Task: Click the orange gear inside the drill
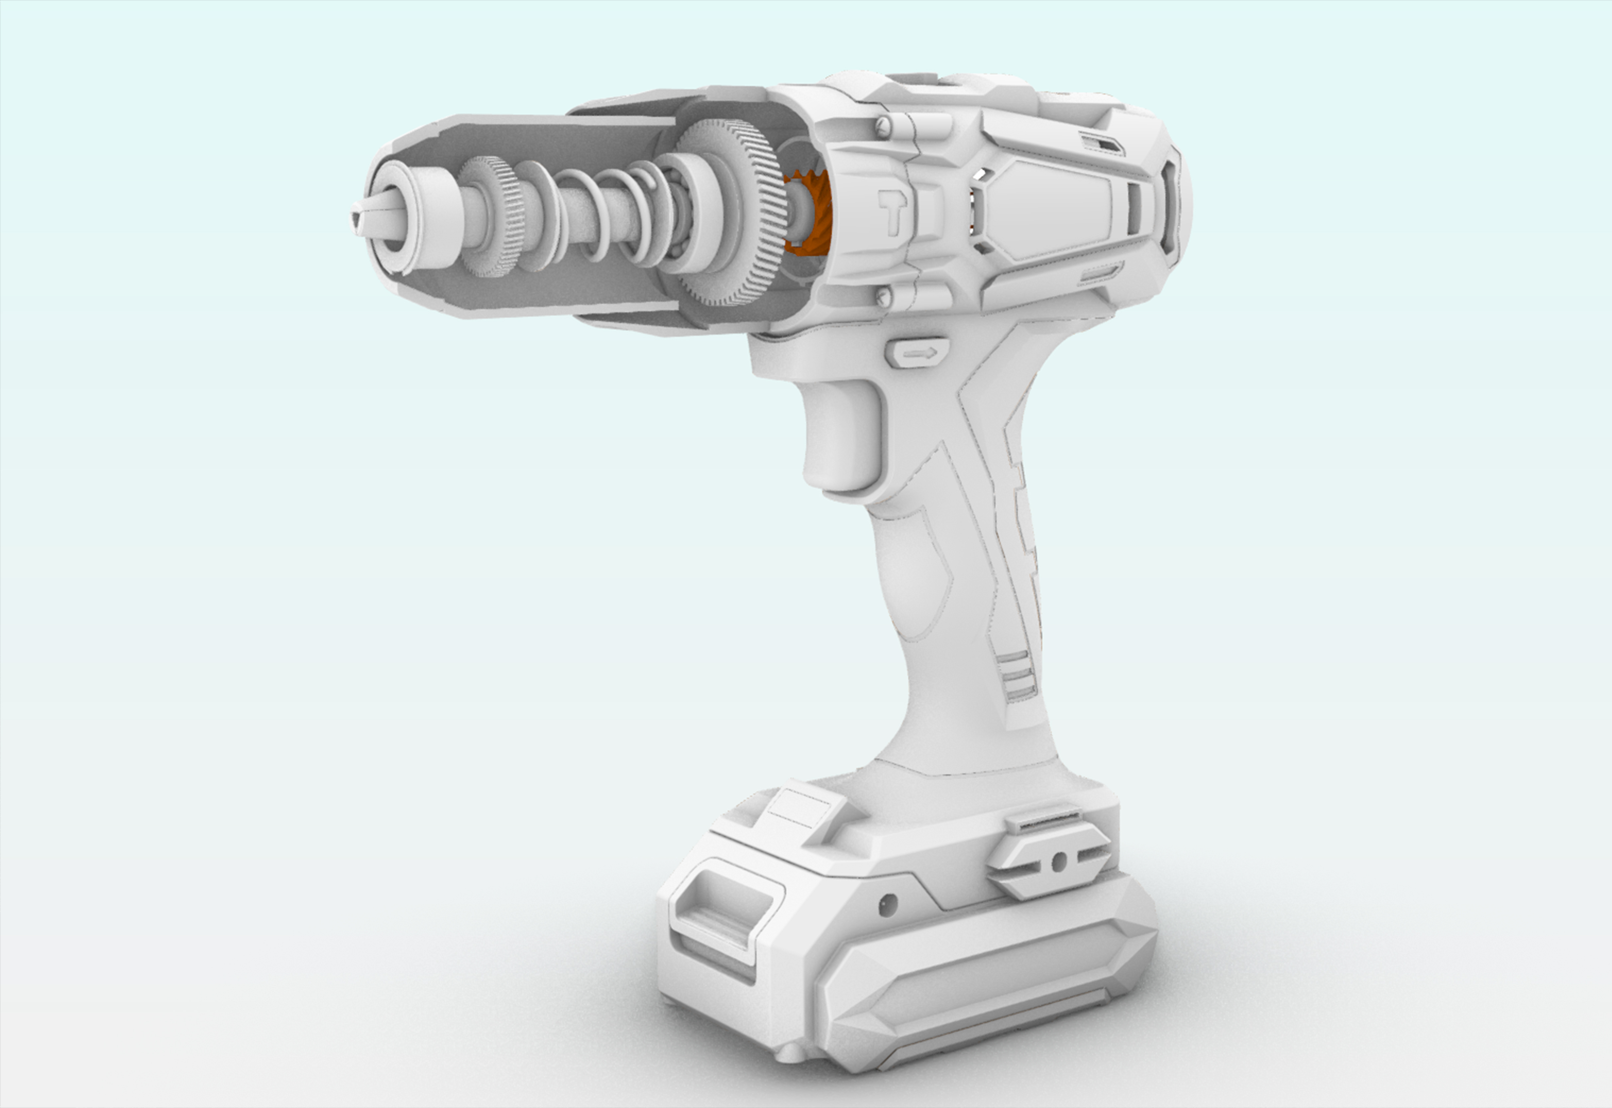[x=809, y=212]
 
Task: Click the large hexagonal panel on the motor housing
[x=1048, y=208]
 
